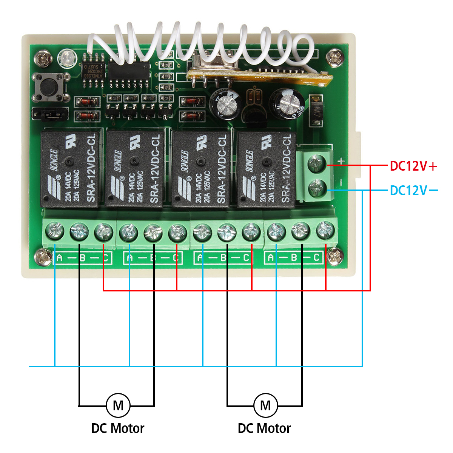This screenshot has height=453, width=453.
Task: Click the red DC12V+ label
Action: tap(413, 166)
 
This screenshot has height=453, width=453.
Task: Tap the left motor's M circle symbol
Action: tap(118, 405)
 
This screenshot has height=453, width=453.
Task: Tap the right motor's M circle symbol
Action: tap(265, 405)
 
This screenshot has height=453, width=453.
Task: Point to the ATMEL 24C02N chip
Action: tap(92, 70)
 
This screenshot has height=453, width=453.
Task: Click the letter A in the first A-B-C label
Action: tap(59, 259)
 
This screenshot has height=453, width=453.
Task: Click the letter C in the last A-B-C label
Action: tap(317, 258)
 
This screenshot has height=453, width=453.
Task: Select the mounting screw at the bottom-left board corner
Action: tap(43, 258)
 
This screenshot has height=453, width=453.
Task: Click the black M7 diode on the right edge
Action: tap(316, 111)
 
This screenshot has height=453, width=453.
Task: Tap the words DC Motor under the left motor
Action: tap(118, 429)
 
